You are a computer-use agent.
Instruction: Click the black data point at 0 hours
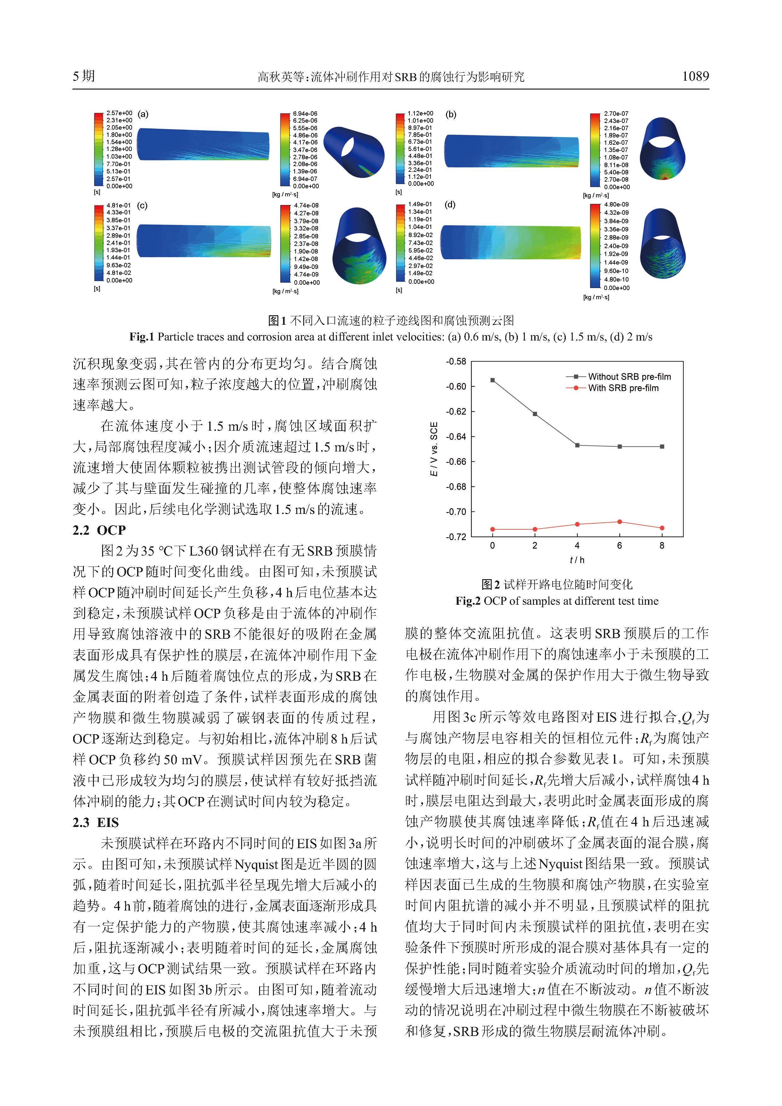click(x=492, y=380)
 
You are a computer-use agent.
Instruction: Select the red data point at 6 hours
click(x=619, y=522)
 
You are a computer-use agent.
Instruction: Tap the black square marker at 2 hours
click(x=535, y=414)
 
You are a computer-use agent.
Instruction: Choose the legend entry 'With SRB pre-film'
click(x=623, y=388)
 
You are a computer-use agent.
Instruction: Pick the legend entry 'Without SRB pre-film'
click(x=629, y=377)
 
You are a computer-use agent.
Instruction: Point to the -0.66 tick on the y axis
click(x=455, y=462)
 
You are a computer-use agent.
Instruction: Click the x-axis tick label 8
click(x=662, y=546)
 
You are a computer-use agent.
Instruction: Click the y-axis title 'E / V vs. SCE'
click(x=434, y=449)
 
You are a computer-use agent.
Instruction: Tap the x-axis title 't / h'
click(x=576, y=560)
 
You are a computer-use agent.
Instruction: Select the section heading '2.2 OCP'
click(x=99, y=530)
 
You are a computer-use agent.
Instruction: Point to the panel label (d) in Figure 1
click(x=450, y=205)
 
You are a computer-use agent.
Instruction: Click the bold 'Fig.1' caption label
click(x=141, y=337)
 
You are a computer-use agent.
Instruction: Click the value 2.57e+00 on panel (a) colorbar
click(x=119, y=113)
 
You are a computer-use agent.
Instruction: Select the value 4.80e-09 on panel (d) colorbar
click(x=616, y=204)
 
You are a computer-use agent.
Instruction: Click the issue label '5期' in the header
click(x=84, y=76)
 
